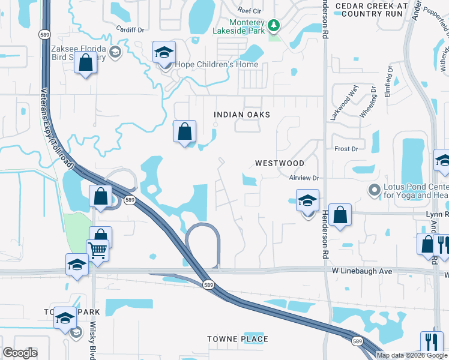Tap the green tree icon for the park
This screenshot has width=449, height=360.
tap(274, 25)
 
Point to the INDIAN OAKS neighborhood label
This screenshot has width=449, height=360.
tap(242, 115)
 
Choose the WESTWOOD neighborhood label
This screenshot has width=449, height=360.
tap(279, 163)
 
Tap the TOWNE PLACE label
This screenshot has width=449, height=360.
tap(238, 340)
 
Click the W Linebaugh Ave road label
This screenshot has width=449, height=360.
tap(361, 271)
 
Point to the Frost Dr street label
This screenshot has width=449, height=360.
tap(346, 149)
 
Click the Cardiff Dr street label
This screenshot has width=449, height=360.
tap(132, 29)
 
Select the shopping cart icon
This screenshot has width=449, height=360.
tap(97, 250)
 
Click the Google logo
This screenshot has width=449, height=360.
tap(20, 353)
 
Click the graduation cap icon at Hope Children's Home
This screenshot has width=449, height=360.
tap(164, 53)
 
